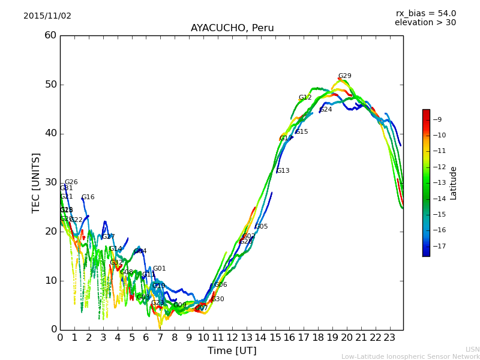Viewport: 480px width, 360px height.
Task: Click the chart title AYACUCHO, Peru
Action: click(x=232, y=28)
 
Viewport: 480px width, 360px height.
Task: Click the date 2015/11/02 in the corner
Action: click(x=47, y=16)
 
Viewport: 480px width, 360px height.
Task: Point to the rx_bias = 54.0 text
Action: click(x=425, y=14)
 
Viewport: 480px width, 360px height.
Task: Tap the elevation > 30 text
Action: click(x=425, y=23)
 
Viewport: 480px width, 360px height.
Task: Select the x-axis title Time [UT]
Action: click(x=232, y=351)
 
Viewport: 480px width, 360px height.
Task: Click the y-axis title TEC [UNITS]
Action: click(x=36, y=182)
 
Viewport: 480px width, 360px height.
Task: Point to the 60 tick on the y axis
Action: click(x=50, y=35)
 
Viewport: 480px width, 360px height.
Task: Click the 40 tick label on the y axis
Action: click(x=50, y=133)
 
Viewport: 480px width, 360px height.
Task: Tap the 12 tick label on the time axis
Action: click(x=232, y=337)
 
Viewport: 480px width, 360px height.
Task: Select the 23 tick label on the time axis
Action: click(x=389, y=337)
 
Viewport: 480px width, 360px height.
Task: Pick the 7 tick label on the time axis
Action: click(x=160, y=337)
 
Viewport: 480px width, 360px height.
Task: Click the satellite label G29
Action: click(x=345, y=76)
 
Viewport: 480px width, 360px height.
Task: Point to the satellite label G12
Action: click(x=305, y=98)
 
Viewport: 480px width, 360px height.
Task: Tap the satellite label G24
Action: click(x=326, y=110)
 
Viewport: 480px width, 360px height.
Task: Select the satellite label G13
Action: click(x=283, y=171)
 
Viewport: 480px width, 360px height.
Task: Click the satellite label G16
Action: click(x=88, y=197)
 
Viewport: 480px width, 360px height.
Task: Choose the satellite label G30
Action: click(x=218, y=299)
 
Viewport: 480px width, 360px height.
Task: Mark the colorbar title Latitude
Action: click(x=454, y=183)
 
